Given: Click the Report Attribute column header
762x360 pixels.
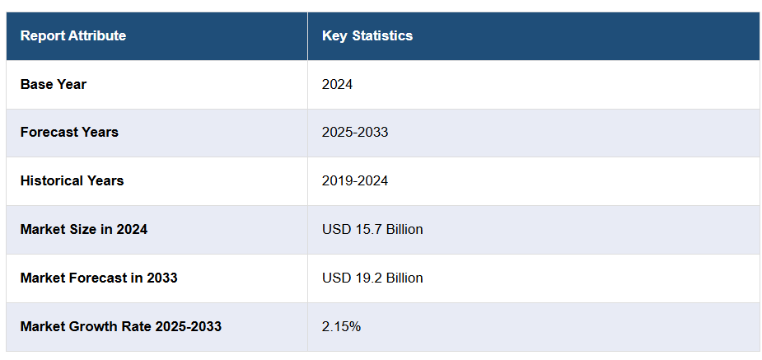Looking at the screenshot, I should [x=73, y=36].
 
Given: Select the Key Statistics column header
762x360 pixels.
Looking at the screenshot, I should [x=367, y=36].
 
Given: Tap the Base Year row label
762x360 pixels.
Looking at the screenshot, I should [x=54, y=84].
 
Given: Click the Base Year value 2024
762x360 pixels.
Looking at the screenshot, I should [x=337, y=84].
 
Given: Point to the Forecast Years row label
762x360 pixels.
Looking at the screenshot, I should [x=69, y=132].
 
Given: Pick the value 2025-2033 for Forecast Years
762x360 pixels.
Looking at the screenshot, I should [x=355, y=132].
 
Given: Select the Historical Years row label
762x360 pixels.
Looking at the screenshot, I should [x=72, y=180].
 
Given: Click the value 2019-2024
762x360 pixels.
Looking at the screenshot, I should [x=355, y=180].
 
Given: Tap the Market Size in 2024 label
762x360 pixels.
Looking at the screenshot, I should [x=84, y=229].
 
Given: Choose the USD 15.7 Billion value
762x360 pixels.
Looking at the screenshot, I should [x=372, y=229].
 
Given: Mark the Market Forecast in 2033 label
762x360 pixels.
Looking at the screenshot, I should [x=99, y=278].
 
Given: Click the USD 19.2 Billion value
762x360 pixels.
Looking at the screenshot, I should [x=372, y=278].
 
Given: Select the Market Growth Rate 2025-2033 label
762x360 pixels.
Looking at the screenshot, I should [x=121, y=326].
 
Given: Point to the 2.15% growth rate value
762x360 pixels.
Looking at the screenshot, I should [x=341, y=326].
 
